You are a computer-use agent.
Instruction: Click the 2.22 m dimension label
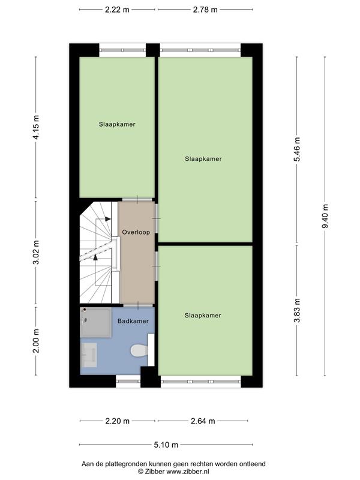point(117,10)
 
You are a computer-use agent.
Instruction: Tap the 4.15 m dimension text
point(36,127)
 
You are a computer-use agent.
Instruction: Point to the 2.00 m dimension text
point(36,340)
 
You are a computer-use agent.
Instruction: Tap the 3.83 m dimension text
point(297,310)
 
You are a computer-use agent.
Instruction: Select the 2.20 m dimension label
point(117,421)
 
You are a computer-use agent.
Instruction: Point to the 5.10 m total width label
point(166,445)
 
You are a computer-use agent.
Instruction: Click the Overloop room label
point(136,232)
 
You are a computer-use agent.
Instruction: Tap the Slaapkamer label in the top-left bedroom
point(117,125)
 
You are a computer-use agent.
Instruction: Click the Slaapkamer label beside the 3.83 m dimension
point(203,315)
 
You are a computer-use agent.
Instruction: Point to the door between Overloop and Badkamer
point(137,305)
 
